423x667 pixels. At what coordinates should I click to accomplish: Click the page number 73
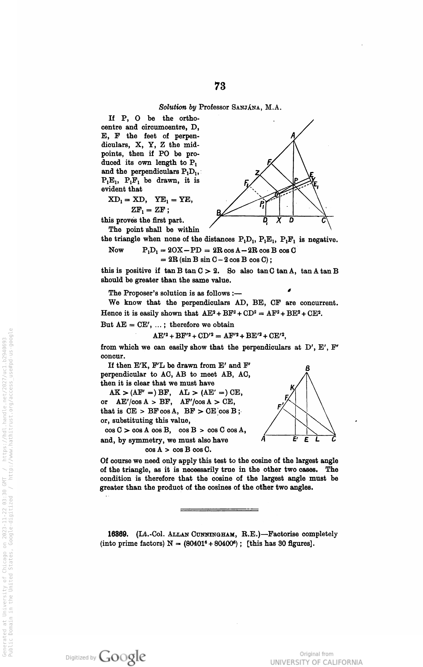pyautogui.click(x=220, y=87)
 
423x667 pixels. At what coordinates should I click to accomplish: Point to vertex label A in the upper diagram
pyautogui.click(x=293, y=136)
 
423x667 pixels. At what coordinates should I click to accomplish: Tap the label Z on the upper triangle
pyautogui.click(x=257, y=173)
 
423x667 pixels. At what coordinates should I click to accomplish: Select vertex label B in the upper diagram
pyautogui.click(x=219, y=213)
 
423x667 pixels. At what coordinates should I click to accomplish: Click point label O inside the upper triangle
pyautogui.click(x=276, y=195)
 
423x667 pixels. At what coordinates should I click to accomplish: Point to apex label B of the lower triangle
pyautogui.click(x=307, y=369)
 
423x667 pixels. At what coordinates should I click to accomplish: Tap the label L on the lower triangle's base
pyautogui.click(x=317, y=440)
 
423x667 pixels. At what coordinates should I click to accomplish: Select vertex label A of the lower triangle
pyautogui.click(x=263, y=439)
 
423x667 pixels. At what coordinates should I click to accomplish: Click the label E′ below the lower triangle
pyautogui.click(x=296, y=439)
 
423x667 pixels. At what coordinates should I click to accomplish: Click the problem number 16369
pyautogui.click(x=117, y=534)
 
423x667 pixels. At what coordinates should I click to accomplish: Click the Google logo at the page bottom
pyautogui.click(x=123, y=656)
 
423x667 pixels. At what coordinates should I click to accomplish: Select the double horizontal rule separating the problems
pyautogui.click(x=219, y=510)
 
